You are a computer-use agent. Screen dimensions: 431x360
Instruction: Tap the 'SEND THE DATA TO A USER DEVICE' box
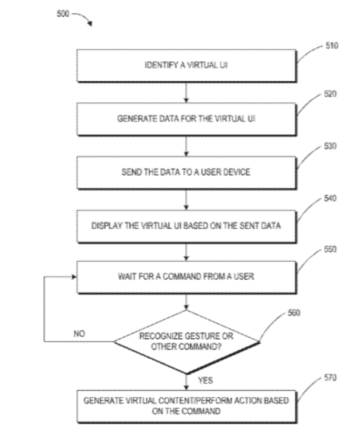[187, 173]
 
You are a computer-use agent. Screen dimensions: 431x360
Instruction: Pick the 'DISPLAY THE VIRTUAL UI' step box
[187, 225]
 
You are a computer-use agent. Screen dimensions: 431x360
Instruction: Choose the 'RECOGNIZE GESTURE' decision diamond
[187, 341]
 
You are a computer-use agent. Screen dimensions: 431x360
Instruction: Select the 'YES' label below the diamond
[202, 378]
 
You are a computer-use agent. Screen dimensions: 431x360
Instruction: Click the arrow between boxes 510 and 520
[187, 92]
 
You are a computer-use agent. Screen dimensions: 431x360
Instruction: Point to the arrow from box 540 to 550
[187, 251]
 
